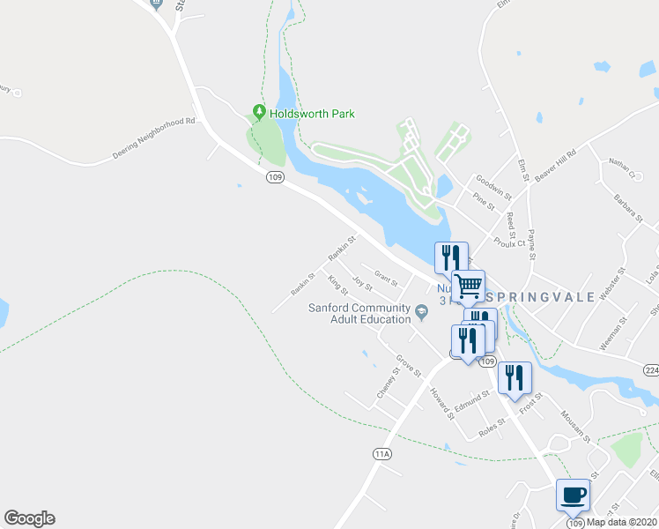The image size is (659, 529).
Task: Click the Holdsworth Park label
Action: point(312,113)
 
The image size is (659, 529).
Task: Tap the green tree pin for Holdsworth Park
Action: point(259,112)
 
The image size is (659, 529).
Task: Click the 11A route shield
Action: point(381,453)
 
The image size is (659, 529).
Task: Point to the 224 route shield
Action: point(650,369)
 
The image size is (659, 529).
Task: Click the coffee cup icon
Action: point(573,495)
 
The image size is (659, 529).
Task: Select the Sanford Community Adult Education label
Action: point(359,313)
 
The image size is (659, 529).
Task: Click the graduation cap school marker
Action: point(422,309)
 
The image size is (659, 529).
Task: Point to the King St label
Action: point(337,285)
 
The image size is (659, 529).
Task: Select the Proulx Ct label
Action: point(509,240)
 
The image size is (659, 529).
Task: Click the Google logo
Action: point(29,518)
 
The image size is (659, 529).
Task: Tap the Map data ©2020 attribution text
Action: point(622,522)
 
